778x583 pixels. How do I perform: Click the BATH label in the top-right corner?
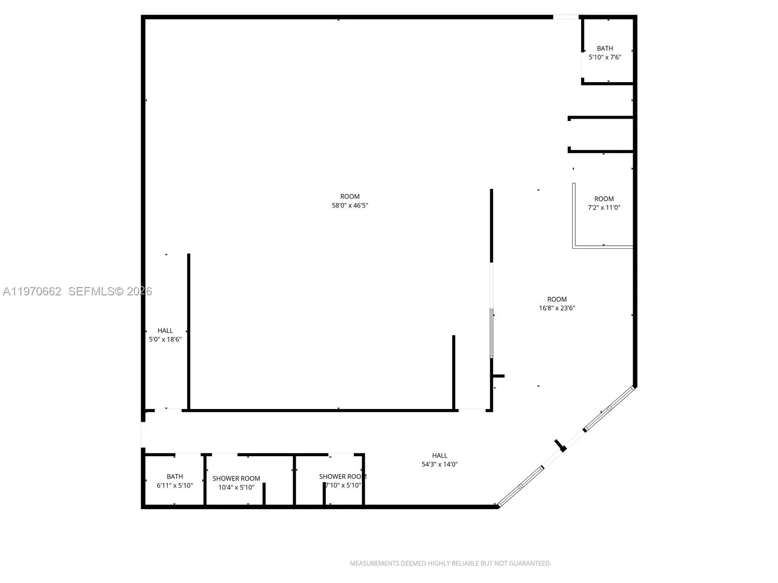(605, 48)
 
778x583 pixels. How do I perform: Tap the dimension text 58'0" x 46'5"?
(350, 206)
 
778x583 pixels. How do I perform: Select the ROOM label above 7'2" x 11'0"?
(604, 199)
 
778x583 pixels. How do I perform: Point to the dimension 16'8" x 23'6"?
(557, 308)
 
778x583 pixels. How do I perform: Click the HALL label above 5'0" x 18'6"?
(165, 331)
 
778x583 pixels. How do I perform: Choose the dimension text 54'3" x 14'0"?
(440, 464)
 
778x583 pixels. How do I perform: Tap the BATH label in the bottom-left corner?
(175, 477)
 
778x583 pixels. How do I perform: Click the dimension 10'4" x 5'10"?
(236, 487)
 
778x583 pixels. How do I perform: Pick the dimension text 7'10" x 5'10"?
(343, 485)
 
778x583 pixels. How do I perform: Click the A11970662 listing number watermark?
(32, 291)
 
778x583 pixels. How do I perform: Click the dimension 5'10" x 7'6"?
(605, 57)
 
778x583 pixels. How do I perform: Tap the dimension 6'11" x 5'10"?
(175, 485)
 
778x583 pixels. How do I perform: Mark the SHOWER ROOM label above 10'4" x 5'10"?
(236, 479)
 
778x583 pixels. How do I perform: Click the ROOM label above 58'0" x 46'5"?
(350, 197)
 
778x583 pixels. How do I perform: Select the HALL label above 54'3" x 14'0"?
(440, 456)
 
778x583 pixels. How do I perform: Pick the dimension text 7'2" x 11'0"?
(604, 207)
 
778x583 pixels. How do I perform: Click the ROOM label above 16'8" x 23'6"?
(557, 299)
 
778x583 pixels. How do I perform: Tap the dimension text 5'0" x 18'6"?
(165, 340)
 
